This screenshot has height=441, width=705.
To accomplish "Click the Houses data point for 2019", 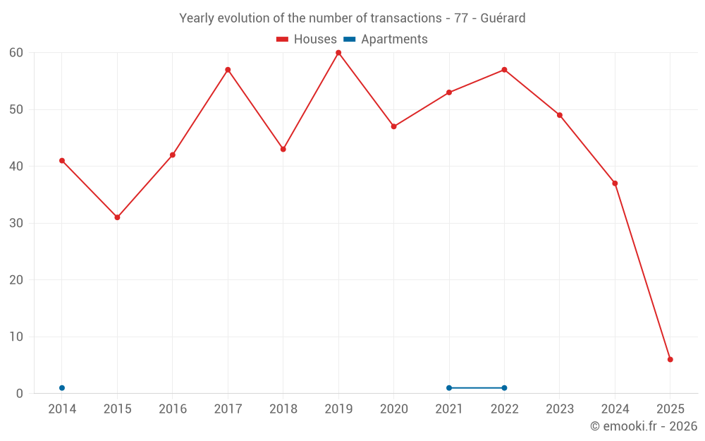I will coord(338,53).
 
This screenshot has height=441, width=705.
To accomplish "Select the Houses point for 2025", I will coord(670,360).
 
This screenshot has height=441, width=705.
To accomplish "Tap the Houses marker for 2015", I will coord(117,217).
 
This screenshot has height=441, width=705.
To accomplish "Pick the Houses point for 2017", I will coord(228,70).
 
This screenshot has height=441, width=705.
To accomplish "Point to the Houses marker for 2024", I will coord(615,183).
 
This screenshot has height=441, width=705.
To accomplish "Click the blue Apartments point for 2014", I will coord(62,388).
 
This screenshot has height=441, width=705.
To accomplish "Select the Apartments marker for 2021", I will coord(449,388).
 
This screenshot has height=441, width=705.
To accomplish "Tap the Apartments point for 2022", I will coord(504,388).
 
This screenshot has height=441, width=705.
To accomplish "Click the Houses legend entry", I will coord(306,40).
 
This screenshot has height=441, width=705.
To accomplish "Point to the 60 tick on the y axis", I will coord(16,53).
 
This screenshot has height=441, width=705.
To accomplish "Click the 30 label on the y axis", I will coord(16,224).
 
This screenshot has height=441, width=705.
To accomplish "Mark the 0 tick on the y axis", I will coord(20,394).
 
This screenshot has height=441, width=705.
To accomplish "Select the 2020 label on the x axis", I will coord(393,409).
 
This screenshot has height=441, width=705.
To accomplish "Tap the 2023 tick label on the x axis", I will coord(560,409).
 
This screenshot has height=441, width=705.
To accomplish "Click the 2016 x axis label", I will coord(173,409).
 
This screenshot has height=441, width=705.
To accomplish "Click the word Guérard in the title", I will coord(503,18).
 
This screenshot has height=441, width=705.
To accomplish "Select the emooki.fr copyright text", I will coord(643,426).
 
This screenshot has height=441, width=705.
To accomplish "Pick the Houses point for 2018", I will coord(283,150).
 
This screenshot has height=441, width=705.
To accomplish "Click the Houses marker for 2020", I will coord(393,127).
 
